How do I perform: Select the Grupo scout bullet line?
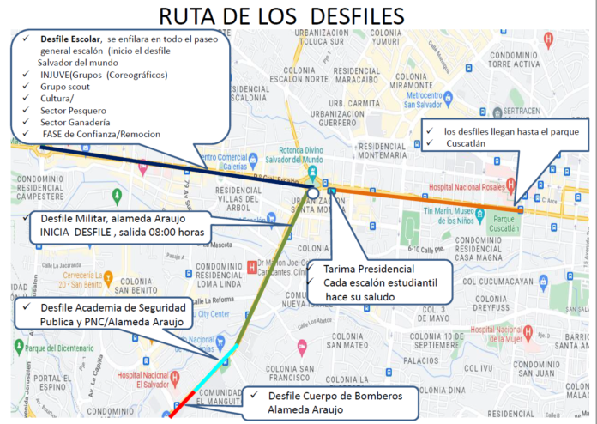click(x=66, y=86)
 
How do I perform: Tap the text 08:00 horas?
click(x=179, y=232)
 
